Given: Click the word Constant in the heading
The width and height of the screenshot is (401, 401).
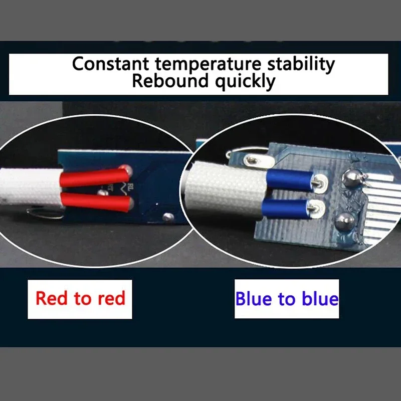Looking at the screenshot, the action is click(110, 64).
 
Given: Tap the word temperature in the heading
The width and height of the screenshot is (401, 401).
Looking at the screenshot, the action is click(208, 65).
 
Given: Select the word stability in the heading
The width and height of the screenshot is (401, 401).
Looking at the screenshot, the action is click(301, 64).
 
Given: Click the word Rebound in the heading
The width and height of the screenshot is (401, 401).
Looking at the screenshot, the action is click(170, 81).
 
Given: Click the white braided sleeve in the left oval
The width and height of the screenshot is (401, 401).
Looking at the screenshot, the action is click(31, 187).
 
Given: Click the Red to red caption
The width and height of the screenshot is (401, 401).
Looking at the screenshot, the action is click(80, 298).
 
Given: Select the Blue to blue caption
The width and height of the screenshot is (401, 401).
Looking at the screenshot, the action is click(287, 298).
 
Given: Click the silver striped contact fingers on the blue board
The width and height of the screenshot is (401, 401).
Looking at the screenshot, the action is click(383, 208).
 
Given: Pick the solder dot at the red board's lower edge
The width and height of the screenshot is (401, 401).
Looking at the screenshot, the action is click(168, 217).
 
